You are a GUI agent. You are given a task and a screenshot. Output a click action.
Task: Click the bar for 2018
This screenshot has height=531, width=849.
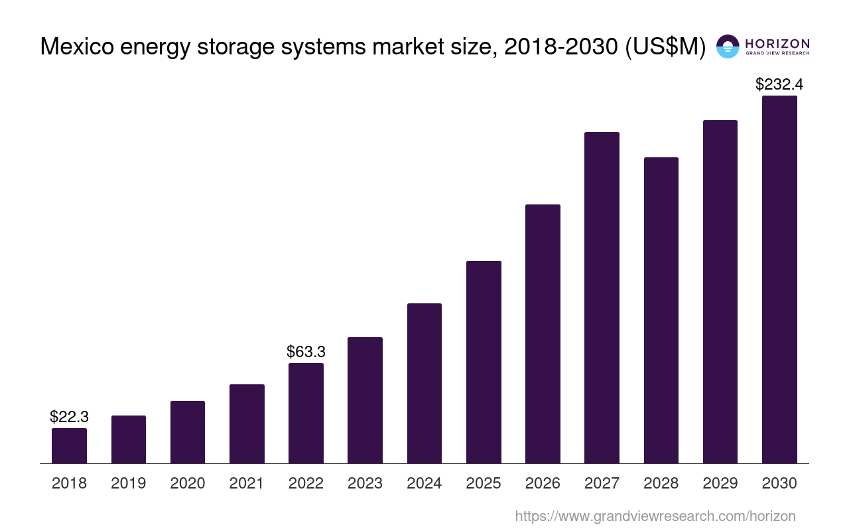tap(69, 445)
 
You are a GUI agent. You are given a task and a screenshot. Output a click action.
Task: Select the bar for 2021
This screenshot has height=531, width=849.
tap(247, 423)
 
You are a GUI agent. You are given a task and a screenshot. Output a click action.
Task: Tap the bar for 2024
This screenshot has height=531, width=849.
tap(424, 383)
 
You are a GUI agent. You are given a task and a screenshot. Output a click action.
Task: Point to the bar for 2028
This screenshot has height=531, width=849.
tap(661, 310)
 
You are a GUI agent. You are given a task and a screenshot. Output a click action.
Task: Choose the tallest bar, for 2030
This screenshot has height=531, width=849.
tap(779, 279)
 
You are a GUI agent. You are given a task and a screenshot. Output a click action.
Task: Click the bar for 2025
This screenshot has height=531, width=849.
tap(484, 362)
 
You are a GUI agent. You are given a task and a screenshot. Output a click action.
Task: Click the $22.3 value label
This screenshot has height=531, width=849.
tap(69, 417)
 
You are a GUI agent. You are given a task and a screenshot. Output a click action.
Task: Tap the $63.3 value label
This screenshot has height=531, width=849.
tap(306, 351)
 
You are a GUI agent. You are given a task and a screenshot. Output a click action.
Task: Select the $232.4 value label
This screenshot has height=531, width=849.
tap(779, 84)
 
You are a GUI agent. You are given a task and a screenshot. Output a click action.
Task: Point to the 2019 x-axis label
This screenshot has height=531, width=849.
tap(128, 483)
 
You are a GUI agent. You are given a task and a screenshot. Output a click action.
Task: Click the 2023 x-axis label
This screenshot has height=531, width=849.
tap(365, 483)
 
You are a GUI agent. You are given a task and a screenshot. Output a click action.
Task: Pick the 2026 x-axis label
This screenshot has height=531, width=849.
tap(543, 483)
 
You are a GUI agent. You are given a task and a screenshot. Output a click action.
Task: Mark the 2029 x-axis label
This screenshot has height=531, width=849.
tap(720, 483)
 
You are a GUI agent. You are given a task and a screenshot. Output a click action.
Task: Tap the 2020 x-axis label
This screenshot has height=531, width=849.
tap(188, 483)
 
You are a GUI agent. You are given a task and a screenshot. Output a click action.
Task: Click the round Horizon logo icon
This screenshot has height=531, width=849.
tap(728, 46)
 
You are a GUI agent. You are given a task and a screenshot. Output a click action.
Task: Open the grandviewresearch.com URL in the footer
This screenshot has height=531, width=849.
tap(655, 516)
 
